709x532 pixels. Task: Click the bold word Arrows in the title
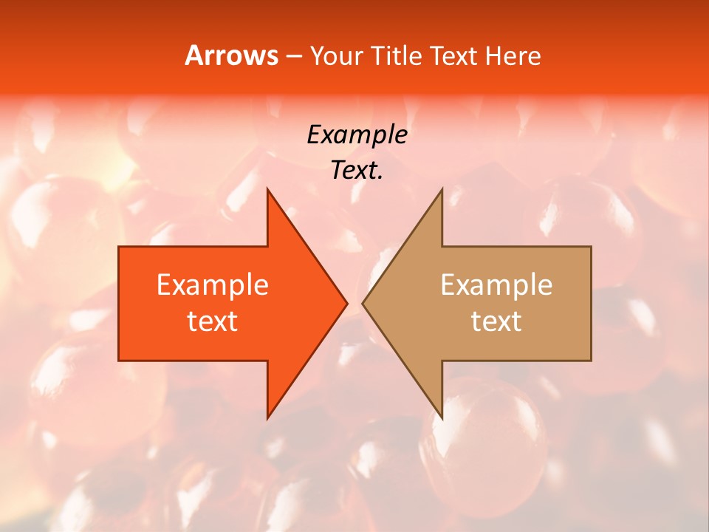(x=231, y=55)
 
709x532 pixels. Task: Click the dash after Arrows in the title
(x=293, y=56)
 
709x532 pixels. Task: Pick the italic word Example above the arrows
(x=357, y=134)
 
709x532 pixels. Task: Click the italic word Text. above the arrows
(x=357, y=170)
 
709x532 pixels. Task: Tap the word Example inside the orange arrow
(x=212, y=284)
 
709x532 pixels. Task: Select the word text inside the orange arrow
(x=212, y=321)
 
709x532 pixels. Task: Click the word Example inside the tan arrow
(x=496, y=284)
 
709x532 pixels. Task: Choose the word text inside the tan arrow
(x=496, y=321)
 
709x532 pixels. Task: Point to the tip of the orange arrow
(x=346, y=303)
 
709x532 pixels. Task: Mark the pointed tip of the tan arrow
(x=363, y=303)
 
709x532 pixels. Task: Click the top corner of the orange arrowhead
(x=267, y=189)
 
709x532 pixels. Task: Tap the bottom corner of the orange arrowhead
(x=267, y=417)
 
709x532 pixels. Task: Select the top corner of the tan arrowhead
(x=442, y=189)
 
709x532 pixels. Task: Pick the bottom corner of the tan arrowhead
(x=442, y=417)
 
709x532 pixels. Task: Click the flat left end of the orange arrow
(x=120, y=303)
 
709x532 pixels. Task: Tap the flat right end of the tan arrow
(x=590, y=303)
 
